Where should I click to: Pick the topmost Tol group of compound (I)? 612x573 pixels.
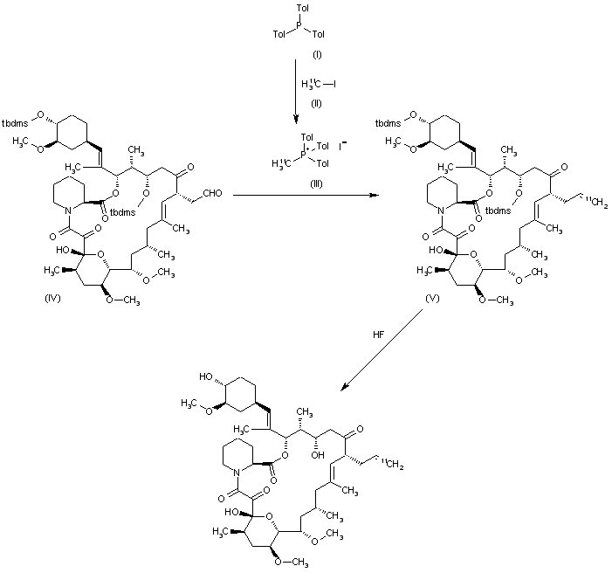(303, 9)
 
